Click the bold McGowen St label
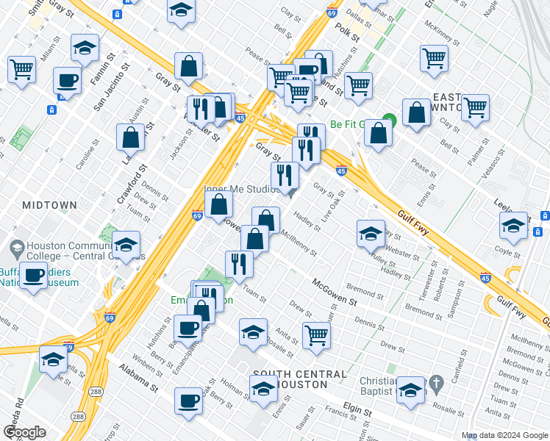click(x=334, y=292)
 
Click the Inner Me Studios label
click(x=242, y=189)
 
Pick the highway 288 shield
click(x=78, y=417)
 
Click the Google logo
click(x=25, y=432)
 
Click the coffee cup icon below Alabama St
click(x=189, y=401)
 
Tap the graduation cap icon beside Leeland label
click(x=513, y=225)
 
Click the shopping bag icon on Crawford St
click(x=130, y=137)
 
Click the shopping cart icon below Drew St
click(x=316, y=335)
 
